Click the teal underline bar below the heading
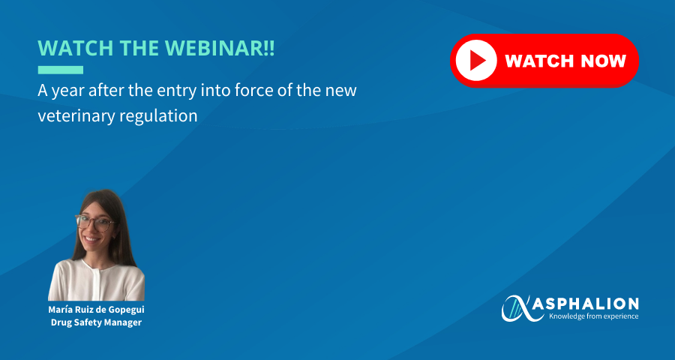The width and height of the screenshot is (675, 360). point(60,70)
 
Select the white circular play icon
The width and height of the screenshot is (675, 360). point(476,61)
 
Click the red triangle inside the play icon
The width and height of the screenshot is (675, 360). point(478,61)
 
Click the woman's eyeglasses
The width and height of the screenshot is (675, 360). point(95,223)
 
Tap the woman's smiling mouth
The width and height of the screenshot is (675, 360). point(91,238)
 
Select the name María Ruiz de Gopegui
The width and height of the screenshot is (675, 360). point(96,310)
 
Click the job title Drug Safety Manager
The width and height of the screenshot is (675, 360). point(96,322)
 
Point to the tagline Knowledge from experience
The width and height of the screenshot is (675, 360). point(593,316)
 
